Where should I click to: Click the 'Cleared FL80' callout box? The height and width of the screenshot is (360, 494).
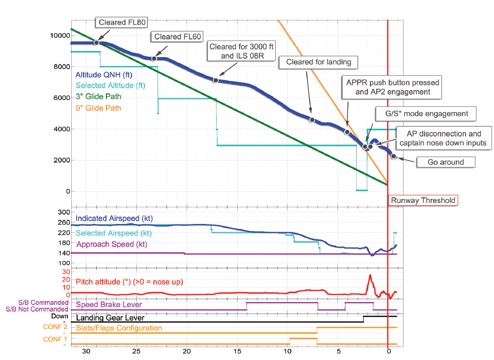(x=123, y=22)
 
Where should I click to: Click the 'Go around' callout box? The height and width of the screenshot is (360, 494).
(x=445, y=162)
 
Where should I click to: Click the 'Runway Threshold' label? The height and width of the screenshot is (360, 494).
(x=423, y=200)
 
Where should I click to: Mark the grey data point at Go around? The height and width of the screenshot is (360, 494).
(x=394, y=157)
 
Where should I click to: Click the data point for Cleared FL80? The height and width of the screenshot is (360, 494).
(x=97, y=42)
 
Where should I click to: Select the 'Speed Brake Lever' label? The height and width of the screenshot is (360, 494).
(x=109, y=305)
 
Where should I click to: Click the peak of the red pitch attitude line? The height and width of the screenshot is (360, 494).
(x=370, y=275)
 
